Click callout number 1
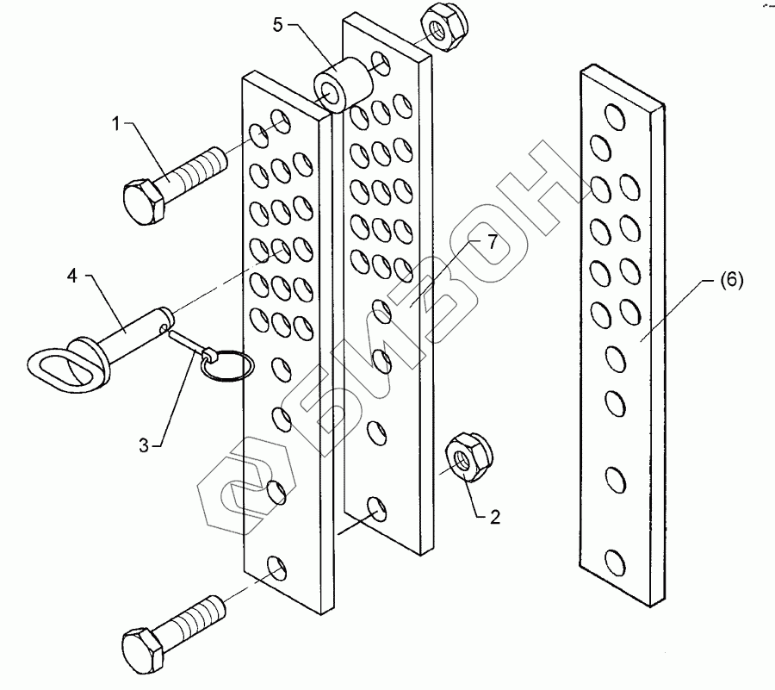pos(117,123)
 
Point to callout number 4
pos(73,276)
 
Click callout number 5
pos(277,24)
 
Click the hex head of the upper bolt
pos(144,202)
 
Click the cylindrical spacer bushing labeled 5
pos(341,83)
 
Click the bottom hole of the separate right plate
pos(615,563)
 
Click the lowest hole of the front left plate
pos(276,568)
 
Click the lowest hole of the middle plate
pos(376,508)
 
